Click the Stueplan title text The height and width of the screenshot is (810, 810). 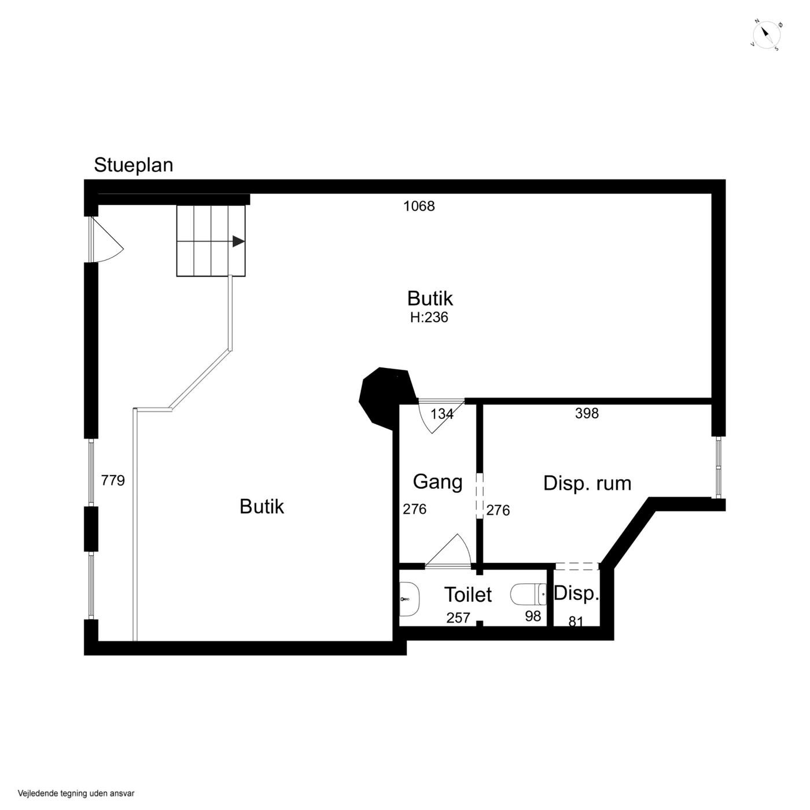133,165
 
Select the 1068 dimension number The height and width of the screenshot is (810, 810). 419,206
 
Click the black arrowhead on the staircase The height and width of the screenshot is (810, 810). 238,241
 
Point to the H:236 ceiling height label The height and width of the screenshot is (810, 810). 429,317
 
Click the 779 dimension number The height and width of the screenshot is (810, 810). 113,480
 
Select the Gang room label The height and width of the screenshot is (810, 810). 437,482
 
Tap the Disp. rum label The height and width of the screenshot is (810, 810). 587,483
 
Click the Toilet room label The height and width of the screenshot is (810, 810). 468,594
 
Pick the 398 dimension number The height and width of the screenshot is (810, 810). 586,413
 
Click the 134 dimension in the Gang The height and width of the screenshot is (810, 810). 442,414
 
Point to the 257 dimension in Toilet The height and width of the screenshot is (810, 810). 458,617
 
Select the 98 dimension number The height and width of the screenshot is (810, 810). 532,616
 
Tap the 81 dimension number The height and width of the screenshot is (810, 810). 576,621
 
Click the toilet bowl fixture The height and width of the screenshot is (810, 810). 528,594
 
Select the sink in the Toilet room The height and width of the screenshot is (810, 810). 409,599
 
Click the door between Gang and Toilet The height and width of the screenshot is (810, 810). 448,551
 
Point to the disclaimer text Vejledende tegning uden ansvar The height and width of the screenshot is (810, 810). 76,794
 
